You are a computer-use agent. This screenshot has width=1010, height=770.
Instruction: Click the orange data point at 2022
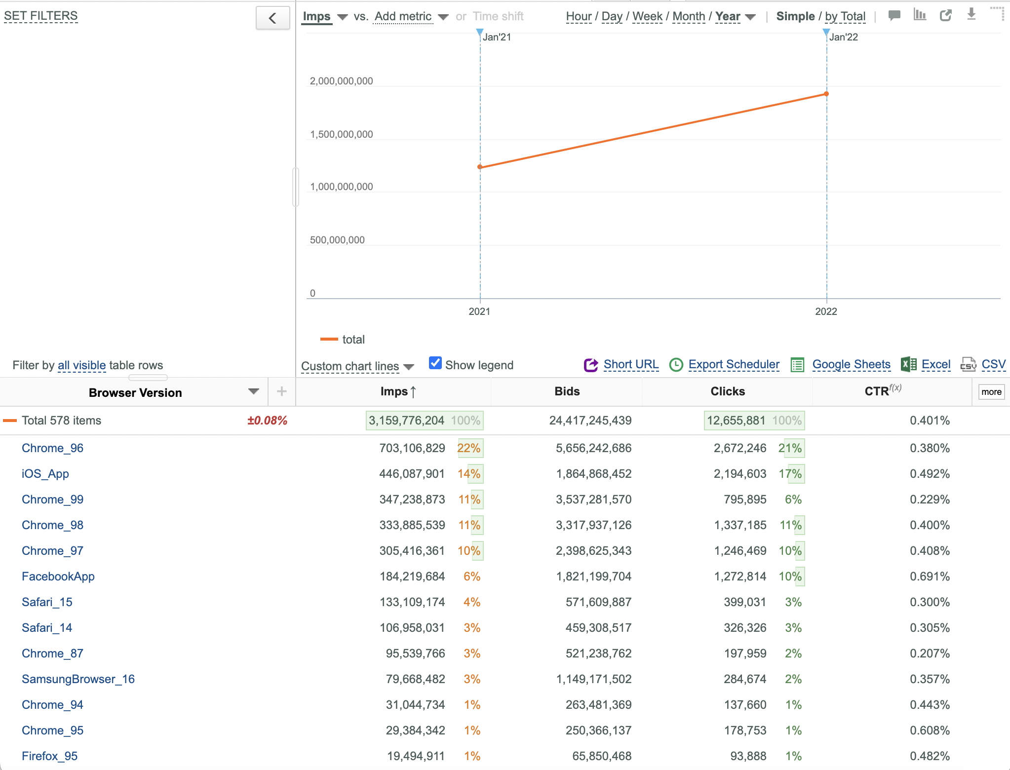coord(826,94)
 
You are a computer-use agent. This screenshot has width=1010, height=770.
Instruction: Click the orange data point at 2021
coord(480,167)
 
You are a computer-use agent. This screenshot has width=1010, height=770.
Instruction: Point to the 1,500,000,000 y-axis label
coord(341,134)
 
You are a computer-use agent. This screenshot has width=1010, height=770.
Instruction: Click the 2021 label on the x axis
coord(479,311)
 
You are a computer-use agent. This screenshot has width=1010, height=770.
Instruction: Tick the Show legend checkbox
coord(435,363)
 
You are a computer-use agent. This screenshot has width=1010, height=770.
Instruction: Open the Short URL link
coord(631,364)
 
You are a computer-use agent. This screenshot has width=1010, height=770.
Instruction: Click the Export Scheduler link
coord(734,364)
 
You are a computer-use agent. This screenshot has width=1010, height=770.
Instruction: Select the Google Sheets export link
coord(852,364)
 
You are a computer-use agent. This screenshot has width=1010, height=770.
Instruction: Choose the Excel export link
coord(936,364)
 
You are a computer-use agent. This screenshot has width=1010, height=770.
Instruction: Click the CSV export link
coord(993,364)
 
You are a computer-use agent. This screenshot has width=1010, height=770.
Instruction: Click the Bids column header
coord(567,391)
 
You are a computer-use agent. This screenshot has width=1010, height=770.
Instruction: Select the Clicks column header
coord(728,391)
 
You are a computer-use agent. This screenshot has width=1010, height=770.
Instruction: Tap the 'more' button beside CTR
coord(991,392)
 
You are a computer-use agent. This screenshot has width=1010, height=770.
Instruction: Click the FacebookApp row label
coord(58,577)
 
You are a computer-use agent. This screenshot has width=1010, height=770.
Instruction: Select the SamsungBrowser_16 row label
coord(78,679)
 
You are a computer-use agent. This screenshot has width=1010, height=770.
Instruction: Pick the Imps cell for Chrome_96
coord(412,448)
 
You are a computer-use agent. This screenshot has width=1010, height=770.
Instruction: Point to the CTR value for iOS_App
coord(930,474)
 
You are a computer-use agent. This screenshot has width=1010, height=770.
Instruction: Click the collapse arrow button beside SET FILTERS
coord(272,18)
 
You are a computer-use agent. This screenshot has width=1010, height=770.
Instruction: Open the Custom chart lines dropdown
coord(357,366)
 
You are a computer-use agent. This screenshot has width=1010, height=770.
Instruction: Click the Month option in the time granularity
coord(689,16)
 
